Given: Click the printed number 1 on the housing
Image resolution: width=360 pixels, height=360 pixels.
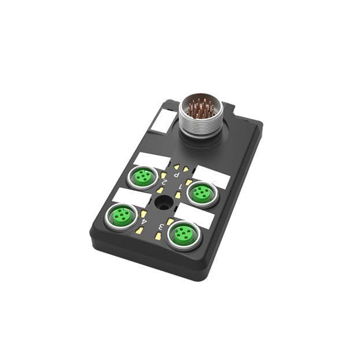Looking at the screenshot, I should coord(181,186).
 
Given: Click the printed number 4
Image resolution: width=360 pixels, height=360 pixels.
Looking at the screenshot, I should coord(144,222).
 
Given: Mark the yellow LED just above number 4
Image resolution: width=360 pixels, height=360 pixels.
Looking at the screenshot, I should coord(144,214).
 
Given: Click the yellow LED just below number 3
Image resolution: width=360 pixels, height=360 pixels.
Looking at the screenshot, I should coord(157,236).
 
